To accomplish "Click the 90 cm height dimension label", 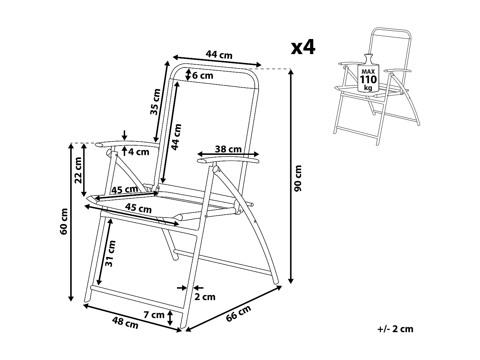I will pyautogui.click(x=298, y=178).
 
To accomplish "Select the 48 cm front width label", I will pyautogui.click(x=125, y=323).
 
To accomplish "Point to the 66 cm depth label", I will pyautogui.click(x=238, y=313).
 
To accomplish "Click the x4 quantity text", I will pyautogui.click(x=303, y=47).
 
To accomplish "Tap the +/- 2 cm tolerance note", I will pyautogui.click(x=395, y=329).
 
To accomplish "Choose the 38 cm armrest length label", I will pyautogui.click(x=228, y=149).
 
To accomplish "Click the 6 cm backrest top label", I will pyautogui.click(x=203, y=76).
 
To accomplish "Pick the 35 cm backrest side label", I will pyautogui.click(x=155, y=102).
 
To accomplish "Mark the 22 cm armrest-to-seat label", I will pyautogui.click(x=78, y=170).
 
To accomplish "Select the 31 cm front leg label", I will pyautogui.click(x=109, y=253).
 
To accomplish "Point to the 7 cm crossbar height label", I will pyautogui.click(x=154, y=315).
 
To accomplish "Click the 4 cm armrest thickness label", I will pyautogui.click(x=139, y=152).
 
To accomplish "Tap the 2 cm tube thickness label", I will pyautogui.click(x=205, y=297).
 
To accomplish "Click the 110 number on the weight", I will pyautogui.click(x=369, y=79).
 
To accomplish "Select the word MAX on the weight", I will pyautogui.click(x=368, y=72).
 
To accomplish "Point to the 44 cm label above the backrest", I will pyautogui.click(x=219, y=54).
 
